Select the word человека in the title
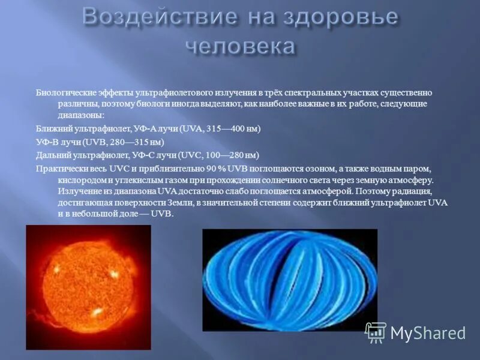pyautogui.click(x=240, y=46)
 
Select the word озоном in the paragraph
pyautogui.click(x=296, y=168)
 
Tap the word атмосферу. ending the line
pyautogui.click(x=412, y=179)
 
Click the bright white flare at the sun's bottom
pyautogui.click(x=97, y=313)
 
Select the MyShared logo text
pyautogui.click(x=428, y=332)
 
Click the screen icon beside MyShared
pyautogui.click(x=376, y=332)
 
